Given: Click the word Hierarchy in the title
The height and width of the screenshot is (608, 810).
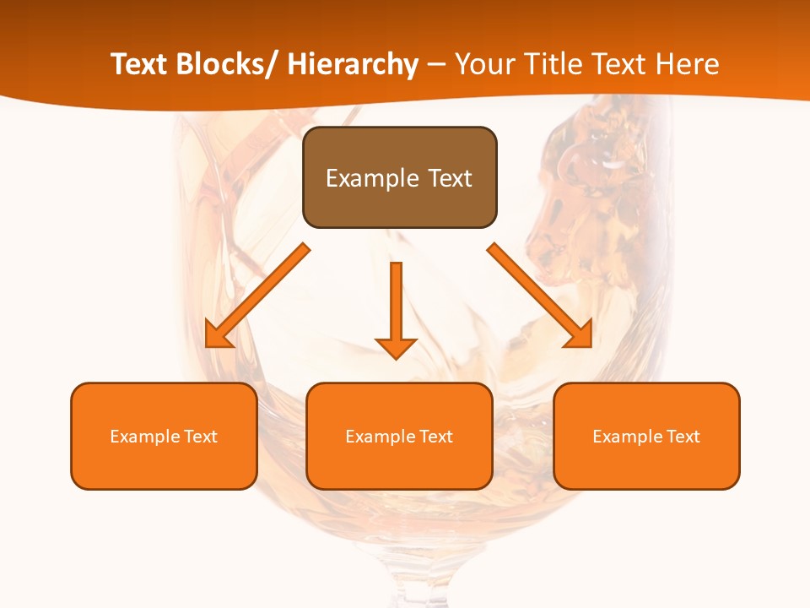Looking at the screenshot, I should click(x=353, y=64).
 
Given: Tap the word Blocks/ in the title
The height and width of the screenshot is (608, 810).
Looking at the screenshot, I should click(x=228, y=64).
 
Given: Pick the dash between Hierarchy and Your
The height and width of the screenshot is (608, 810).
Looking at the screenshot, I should click(x=436, y=66).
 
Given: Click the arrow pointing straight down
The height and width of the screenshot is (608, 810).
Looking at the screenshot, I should click(x=396, y=308).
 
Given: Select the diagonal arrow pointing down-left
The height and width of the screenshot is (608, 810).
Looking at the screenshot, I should click(x=257, y=296).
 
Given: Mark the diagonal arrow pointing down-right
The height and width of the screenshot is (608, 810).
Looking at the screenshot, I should click(x=540, y=296).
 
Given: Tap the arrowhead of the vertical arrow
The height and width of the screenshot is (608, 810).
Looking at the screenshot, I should click(x=396, y=348).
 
